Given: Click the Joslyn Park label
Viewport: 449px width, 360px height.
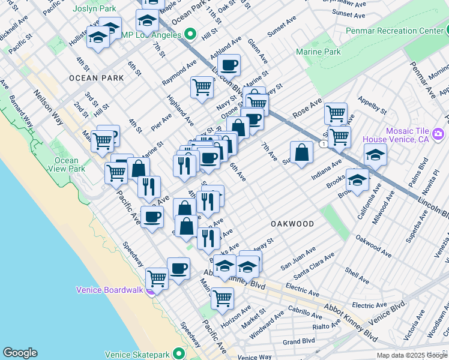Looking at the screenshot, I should click(x=95, y=9).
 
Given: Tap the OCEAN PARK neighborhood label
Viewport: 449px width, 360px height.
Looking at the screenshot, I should click(x=96, y=78).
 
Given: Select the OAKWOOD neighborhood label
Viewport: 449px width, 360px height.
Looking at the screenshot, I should click(x=292, y=224).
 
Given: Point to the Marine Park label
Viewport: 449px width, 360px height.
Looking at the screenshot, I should click(x=318, y=52).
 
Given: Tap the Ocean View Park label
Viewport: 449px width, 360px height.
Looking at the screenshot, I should click(x=66, y=164).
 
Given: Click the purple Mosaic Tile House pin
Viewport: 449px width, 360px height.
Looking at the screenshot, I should click(x=438, y=133).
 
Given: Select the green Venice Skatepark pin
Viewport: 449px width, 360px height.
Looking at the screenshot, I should click(x=178, y=353).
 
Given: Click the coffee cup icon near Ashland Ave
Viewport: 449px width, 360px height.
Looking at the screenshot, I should click(x=229, y=64).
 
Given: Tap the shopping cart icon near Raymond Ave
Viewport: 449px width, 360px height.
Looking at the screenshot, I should click(x=202, y=87).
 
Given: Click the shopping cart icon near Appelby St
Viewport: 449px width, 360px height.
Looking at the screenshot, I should click(x=336, y=113).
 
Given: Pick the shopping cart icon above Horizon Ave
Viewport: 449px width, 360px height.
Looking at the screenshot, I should click(x=222, y=298).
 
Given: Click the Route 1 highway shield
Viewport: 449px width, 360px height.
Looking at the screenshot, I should click(x=324, y=145).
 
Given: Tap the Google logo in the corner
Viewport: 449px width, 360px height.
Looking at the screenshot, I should click(x=20, y=353).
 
